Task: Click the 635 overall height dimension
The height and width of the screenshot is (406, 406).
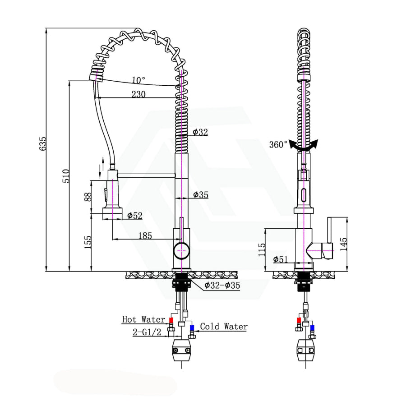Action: [x=43, y=143]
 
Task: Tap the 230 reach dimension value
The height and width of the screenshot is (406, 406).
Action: [x=138, y=94]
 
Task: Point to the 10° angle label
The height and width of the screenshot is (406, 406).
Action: [x=138, y=80]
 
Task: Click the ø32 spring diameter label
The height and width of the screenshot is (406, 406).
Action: [x=200, y=132]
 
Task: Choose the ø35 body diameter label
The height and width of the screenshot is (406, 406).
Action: [x=200, y=194]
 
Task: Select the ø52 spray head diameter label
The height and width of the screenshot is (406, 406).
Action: [x=134, y=216]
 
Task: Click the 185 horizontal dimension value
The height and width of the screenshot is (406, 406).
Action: [x=145, y=235]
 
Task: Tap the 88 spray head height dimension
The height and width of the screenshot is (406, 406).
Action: [x=88, y=196]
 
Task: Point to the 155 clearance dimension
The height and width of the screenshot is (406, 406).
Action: [x=88, y=242]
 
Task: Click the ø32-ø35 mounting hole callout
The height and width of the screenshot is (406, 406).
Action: [x=222, y=285]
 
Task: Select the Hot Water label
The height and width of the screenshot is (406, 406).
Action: [x=143, y=319]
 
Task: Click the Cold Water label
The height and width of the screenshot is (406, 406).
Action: [x=224, y=326]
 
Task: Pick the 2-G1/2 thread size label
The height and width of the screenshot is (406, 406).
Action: [x=146, y=333]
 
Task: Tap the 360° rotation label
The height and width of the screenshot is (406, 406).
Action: [x=278, y=145]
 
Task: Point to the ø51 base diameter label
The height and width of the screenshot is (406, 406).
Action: [x=281, y=259]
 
